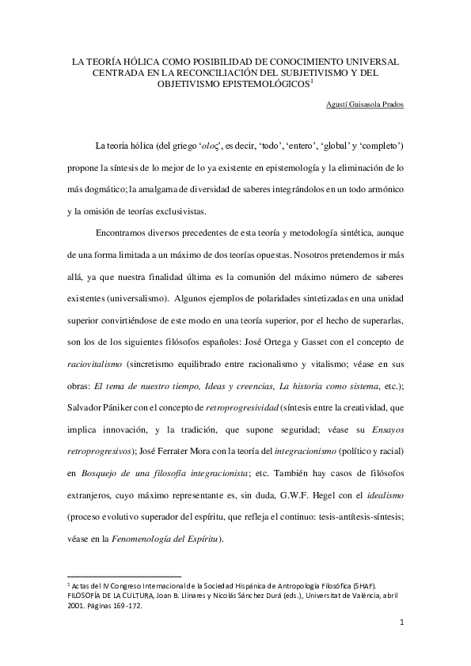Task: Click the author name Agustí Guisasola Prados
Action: pyautogui.click(x=366, y=104)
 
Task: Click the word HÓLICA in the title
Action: pyautogui.click(x=143, y=60)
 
